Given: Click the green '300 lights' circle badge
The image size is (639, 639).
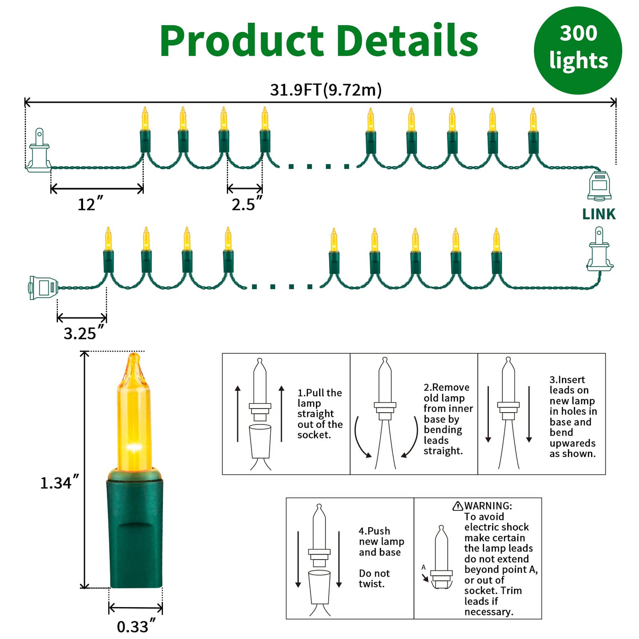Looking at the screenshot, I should coord(578,50).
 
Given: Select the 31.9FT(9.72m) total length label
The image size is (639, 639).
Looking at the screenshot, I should coord(325,90).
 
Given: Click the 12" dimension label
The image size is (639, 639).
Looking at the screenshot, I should coord(90,204).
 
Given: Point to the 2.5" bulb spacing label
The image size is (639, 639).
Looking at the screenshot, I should coord(246,204).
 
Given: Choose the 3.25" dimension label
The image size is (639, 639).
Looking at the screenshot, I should coord(83,333).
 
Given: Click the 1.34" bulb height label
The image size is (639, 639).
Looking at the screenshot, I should coord(59,482).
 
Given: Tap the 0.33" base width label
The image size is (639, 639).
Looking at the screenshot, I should coord(136,626).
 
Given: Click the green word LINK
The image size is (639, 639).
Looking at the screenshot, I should coord(599,214).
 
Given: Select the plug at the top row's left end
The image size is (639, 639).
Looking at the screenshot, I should coord(39,152).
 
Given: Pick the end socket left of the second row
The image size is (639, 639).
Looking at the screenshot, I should coord(43,288).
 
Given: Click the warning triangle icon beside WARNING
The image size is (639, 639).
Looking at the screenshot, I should coord(458,506).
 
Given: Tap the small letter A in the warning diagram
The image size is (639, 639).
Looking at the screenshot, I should coord(424,567).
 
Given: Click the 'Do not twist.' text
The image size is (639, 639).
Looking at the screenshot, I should coord(374,578).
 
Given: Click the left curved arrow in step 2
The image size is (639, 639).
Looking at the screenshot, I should coord(361,438).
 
